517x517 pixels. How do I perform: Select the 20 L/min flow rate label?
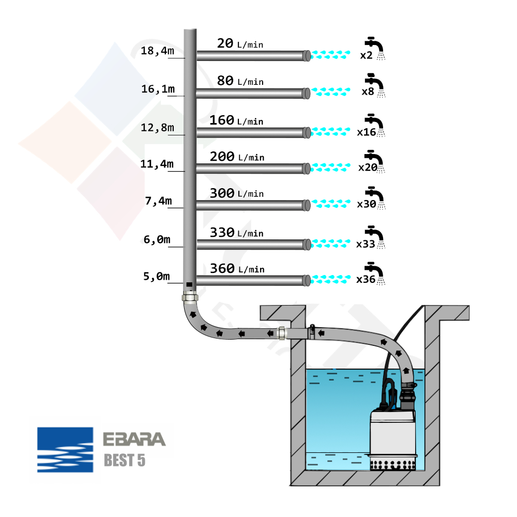(x=240, y=43)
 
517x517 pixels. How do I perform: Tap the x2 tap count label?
(x=367, y=55)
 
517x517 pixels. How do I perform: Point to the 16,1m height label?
(x=158, y=89)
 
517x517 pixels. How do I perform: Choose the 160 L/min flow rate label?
(x=236, y=120)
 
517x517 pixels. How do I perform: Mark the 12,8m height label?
(x=157, y=127)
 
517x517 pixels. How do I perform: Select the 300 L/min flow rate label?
(x=236, y=193)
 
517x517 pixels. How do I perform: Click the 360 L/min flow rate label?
(x=237, y=268)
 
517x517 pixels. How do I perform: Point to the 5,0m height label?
(x=156, y=277)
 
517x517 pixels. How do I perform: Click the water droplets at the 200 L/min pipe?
(x=331, y=168)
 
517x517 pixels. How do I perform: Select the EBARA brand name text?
(x=134, y=439)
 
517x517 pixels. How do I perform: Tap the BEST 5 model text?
(x=125, y=460)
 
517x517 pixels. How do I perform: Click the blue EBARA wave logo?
(x=65, y=450)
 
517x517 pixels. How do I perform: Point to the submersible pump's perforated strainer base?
(x=393, y=461)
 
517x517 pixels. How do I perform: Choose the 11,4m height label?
(x=157, y=164)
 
